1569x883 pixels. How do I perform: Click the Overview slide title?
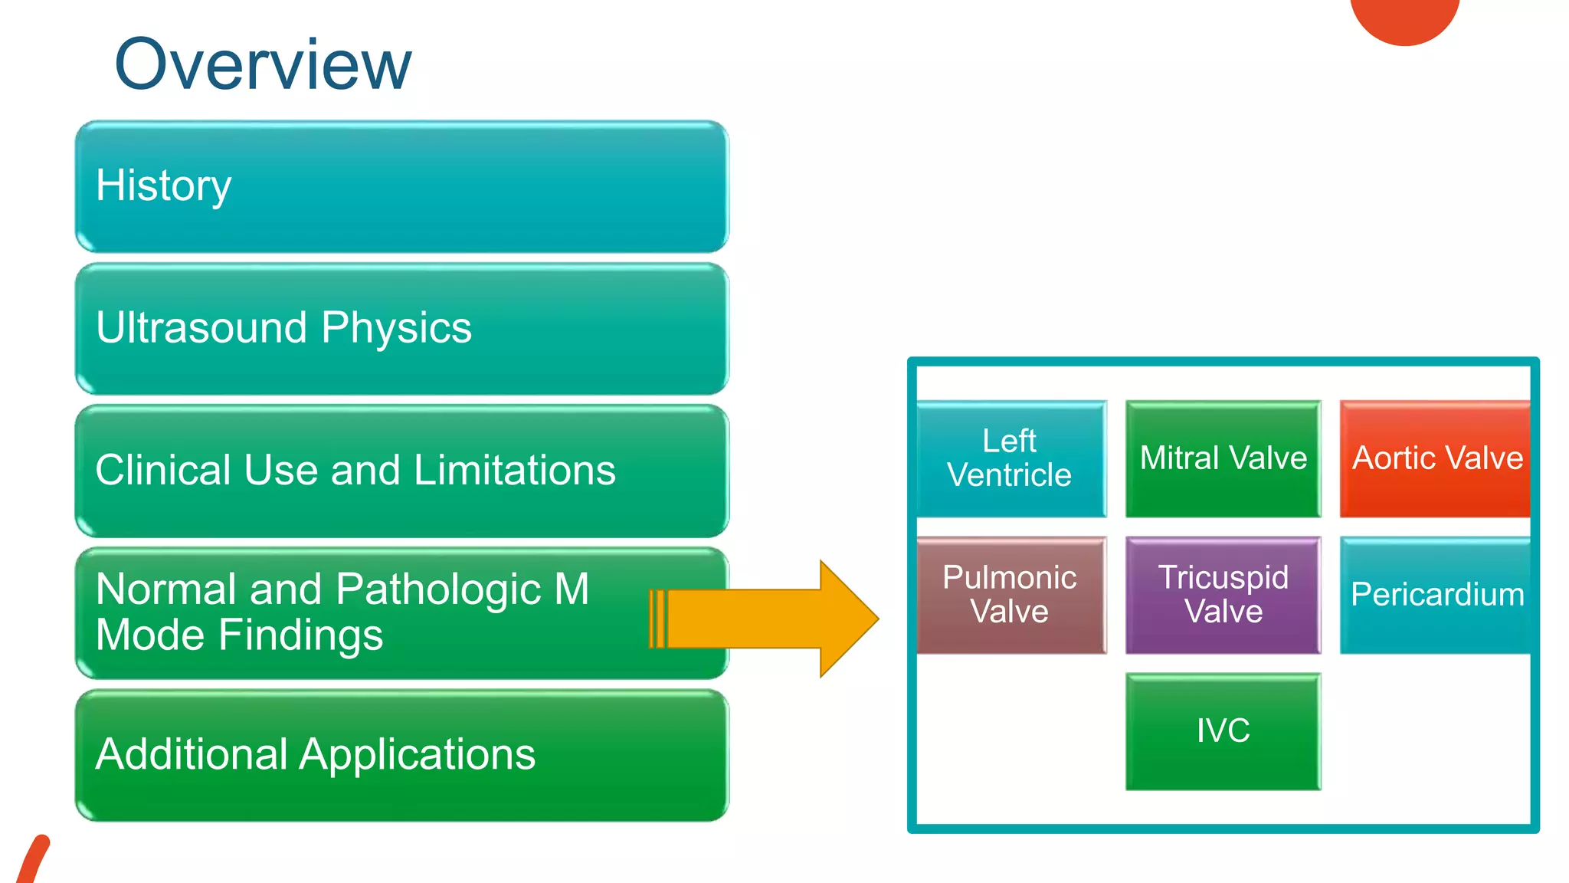tap(263, 65)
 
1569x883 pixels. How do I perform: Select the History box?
tap(401, 186)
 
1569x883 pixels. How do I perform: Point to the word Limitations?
tap(514, 470)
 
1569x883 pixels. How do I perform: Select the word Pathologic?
tap(438, 589)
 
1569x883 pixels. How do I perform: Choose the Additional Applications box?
tap(401, 755)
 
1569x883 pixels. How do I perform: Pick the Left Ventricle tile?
tap(1011, 458)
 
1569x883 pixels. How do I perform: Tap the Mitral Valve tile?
tap(1223, 458)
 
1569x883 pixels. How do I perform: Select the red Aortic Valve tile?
tap(1435, 458)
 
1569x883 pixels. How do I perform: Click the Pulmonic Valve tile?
tap(1011, 595)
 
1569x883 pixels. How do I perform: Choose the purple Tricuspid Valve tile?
tap(1223, 595)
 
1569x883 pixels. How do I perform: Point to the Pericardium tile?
tap(1435, 595)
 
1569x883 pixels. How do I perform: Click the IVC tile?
tap(1223, 731)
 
